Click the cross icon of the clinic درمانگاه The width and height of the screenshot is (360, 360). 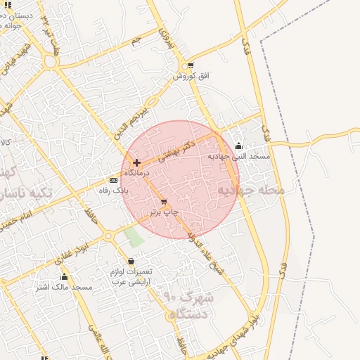(136, 162)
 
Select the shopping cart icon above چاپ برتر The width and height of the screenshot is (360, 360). (164, 202)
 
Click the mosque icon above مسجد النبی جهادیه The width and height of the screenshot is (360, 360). (238, 147)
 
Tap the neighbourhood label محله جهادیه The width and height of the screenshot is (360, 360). (250, 190)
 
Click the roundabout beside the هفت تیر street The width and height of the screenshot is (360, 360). (50, 62)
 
